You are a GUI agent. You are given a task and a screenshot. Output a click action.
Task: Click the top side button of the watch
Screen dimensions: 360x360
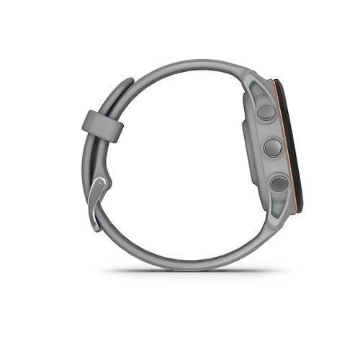[266, 112]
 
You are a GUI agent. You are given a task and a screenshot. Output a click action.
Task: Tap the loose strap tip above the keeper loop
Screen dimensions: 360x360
[122, 86]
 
